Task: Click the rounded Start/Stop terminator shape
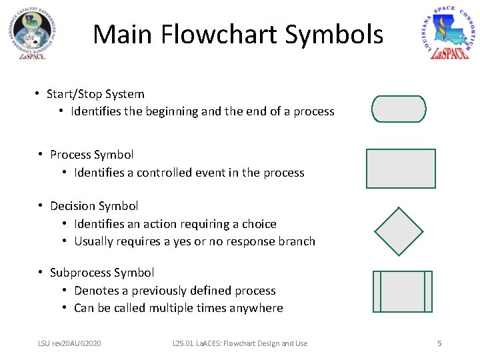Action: point(399,109)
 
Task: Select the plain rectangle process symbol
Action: point(401,169)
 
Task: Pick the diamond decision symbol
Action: point(399,231)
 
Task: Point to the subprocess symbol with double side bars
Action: point(403,291)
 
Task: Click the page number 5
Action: point(439,343)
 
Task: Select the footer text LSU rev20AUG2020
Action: point(69,343)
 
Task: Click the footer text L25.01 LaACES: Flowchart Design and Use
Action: point(239,343)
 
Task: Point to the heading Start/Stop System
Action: point(95,94)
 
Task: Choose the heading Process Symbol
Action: point(92,155)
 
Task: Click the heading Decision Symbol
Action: point(94,206)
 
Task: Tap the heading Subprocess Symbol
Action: point(102,273)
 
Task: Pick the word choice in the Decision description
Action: point(260,224)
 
